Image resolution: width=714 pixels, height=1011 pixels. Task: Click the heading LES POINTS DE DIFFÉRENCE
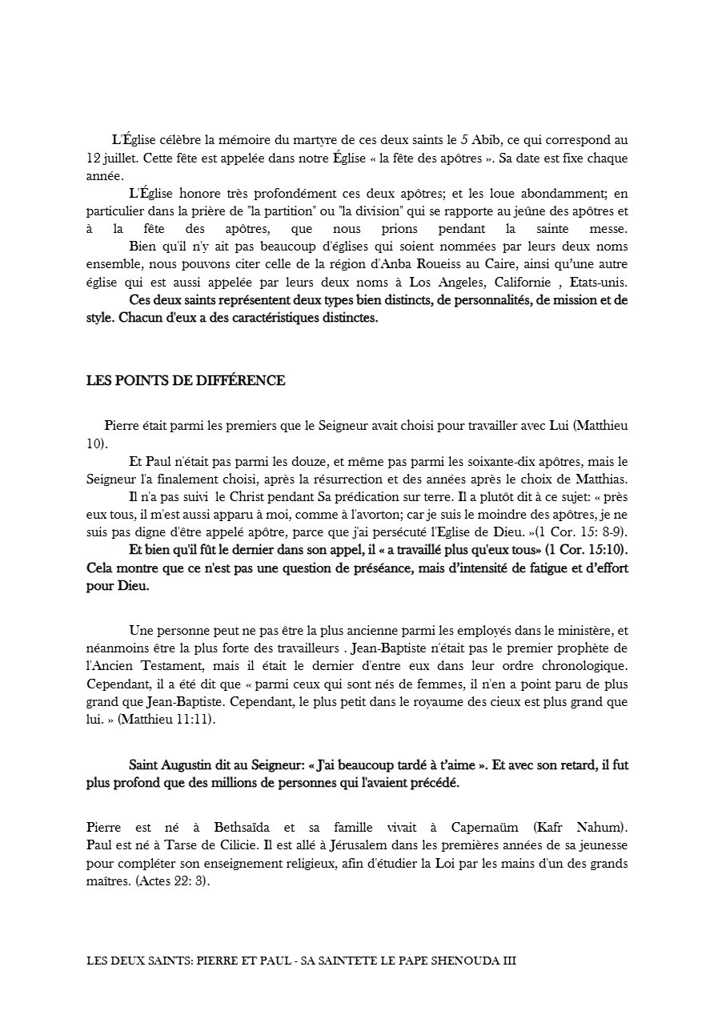coord(186,380)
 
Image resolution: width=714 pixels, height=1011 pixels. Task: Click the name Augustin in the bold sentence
coord(186,765)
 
